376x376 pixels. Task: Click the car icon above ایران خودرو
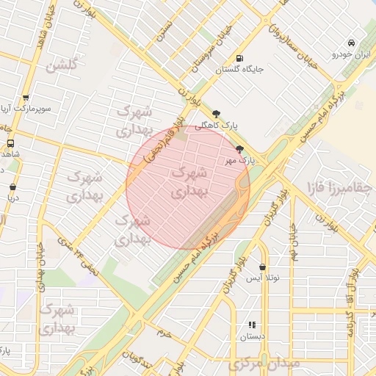click(353, 43)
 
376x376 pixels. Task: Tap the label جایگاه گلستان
click(239, 70)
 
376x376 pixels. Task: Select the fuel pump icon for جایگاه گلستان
click(239, 59)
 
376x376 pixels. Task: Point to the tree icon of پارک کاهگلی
click(215, 113)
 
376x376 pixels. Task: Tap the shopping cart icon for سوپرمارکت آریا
click(26, 98)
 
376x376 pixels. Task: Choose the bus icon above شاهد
click(10, 143)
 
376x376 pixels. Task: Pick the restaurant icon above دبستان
click(252, 325)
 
